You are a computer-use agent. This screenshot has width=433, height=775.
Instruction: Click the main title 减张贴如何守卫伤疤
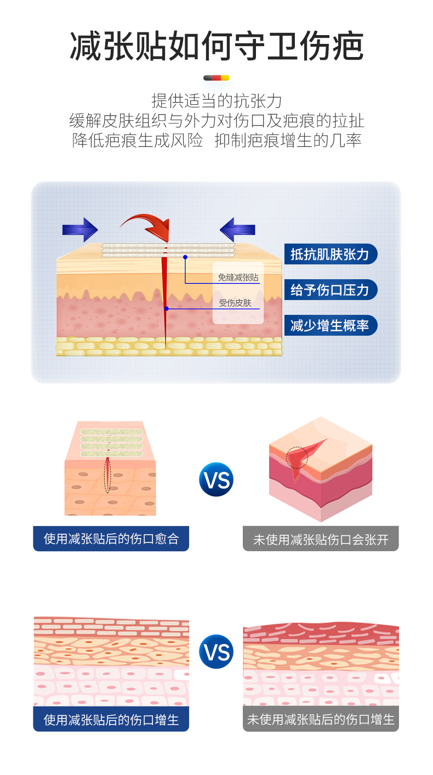pos(216,47)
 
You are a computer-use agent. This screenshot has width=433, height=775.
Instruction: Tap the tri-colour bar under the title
pos(216,78)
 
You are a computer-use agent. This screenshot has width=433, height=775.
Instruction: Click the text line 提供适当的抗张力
pos(216,101)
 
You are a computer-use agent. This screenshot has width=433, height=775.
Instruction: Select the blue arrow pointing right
pos(79,229)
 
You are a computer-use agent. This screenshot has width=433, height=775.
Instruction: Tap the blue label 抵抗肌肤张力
pos(330,254)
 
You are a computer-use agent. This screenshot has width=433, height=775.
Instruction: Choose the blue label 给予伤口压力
pos(330,290)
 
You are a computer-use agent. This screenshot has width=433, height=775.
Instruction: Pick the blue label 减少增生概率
pos(330,325)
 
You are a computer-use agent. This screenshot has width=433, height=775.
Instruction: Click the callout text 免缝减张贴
pos(238,278)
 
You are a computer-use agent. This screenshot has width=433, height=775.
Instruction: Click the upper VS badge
pos(216,480)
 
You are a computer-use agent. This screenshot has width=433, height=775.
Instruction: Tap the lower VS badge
pos(216,652)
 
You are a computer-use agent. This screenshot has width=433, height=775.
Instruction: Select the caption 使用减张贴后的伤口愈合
pos(111,539)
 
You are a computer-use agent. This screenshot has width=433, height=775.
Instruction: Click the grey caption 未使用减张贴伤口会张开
pos(321,539)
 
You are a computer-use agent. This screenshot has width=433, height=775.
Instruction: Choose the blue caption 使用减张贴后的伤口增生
pos(111,719)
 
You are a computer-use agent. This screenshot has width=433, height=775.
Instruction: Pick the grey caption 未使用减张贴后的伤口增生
pos(321,719)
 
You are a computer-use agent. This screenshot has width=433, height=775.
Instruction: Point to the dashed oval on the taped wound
pos(107,474)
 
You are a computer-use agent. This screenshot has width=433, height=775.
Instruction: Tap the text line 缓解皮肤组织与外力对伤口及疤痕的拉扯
pos(216,121)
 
